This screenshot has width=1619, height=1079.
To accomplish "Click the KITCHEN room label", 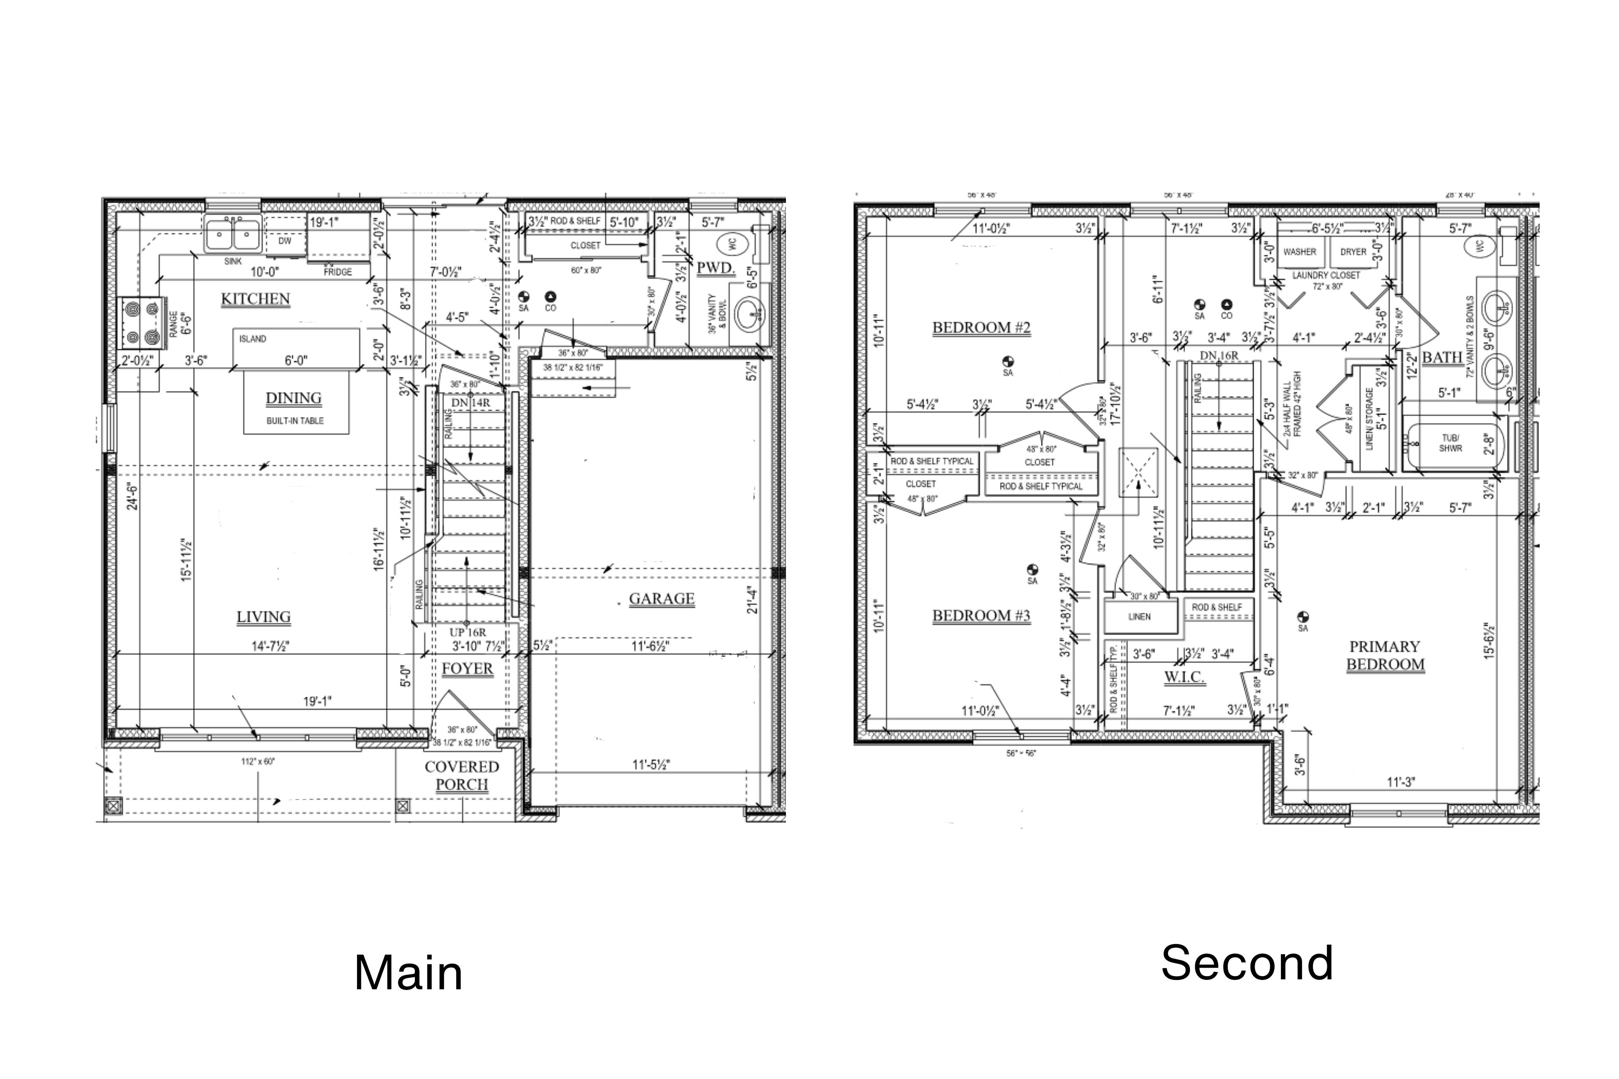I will pyautogui.click(x=255, y=299).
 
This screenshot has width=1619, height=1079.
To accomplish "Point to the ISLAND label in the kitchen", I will pyautogui.click(x=253, y=338).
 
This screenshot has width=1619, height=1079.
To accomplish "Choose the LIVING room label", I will pyautogui.click(x=263, y=617).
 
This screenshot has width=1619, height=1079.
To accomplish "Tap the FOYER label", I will pyautogui.click(x=468, y=668).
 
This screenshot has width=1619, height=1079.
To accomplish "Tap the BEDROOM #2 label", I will pyautogui.click(x=981, y=327).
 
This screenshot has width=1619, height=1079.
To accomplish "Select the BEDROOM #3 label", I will pyautogui.click(x=981, y=615).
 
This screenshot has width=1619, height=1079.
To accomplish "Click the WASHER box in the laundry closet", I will pyautogui.click(x=1299, y=252).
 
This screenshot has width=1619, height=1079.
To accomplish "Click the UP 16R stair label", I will pyautogui.click(x=468, y=632).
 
